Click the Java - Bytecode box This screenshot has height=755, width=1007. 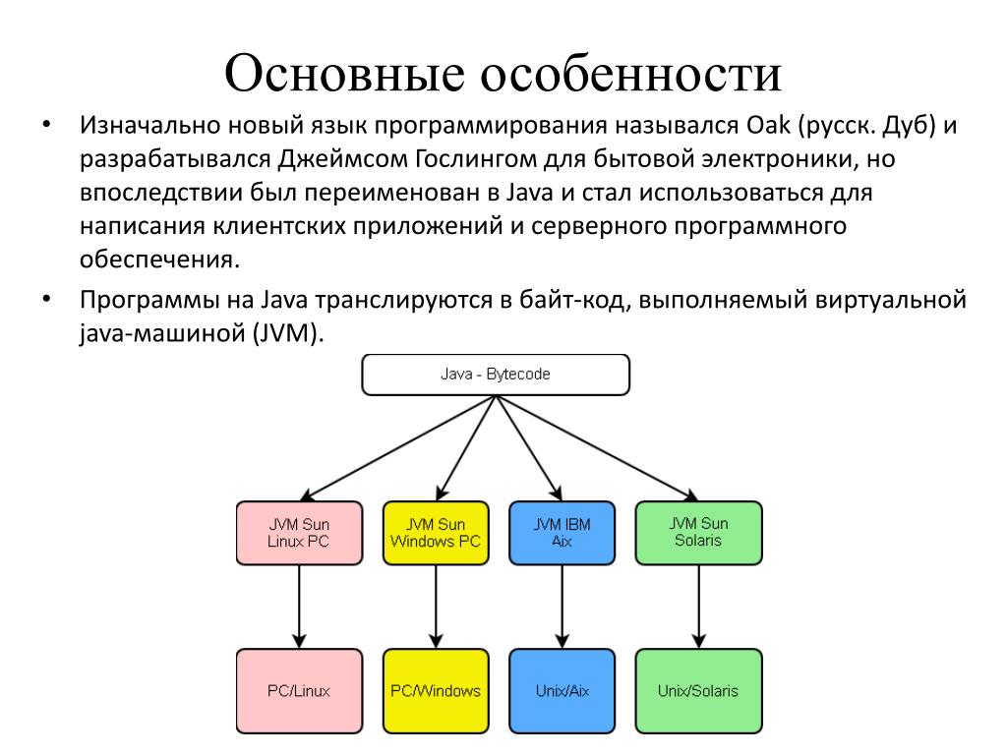point(496,375)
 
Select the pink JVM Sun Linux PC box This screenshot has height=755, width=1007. point(299,533)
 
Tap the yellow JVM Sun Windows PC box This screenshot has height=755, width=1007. point(436,533)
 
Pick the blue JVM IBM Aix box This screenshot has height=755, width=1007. point(562,533)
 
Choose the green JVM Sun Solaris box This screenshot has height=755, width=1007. point(698,533)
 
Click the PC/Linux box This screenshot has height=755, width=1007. point(299,690)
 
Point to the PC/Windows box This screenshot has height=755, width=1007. point(436,690)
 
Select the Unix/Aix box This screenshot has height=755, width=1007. point(562,690)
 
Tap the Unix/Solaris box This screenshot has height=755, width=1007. point(698,690)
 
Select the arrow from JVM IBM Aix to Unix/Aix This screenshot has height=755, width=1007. point(562,606)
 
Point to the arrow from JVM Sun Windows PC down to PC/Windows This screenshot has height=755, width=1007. point(436,606)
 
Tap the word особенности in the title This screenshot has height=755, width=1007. point(631,75)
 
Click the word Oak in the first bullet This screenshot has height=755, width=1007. point(773,127)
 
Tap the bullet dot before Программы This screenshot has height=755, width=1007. point(45,300)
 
